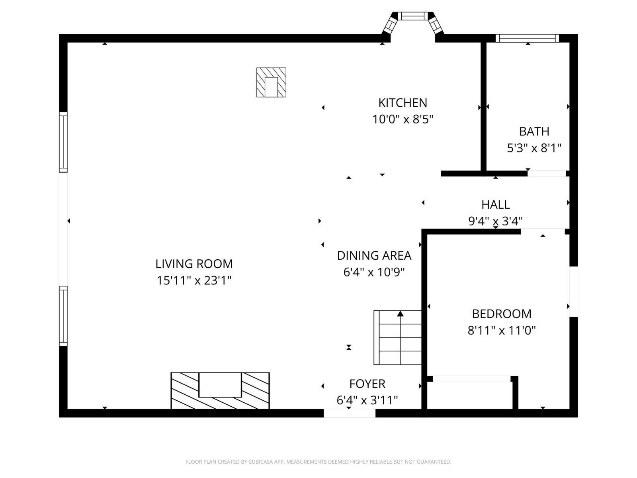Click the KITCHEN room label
403,103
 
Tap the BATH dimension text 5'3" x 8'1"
534,148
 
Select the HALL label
496,204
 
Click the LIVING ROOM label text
194,264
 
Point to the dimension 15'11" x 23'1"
194,280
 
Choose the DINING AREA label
374,255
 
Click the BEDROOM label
502,314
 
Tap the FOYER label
367,384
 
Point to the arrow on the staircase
400,314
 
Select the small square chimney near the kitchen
271,82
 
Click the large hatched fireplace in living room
220,390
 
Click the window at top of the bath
527,38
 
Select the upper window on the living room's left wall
63,142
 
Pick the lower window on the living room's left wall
63,316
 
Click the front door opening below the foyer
349,413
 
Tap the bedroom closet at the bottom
471,394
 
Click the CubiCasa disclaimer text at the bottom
318,462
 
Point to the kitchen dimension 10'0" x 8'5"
403,119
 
